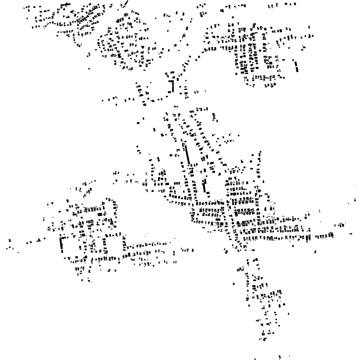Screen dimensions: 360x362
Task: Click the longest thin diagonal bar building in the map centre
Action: [188, 154]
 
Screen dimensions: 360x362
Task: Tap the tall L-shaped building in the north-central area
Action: [171, 86]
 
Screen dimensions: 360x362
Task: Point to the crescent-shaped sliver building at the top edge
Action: [125, 4]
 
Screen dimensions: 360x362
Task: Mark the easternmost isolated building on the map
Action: [355, 200]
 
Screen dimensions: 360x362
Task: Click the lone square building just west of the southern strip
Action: [234, 284]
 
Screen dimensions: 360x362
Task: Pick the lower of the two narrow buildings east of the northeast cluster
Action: [297, 70]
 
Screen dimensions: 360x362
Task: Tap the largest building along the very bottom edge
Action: [280, 356]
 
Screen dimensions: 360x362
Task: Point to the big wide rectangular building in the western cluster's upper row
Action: [100, 214]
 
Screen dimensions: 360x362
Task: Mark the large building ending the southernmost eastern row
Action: [331, 235]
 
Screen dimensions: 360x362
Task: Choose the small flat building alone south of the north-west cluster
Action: [89, 69]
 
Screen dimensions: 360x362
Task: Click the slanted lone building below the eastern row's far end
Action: [315, 252]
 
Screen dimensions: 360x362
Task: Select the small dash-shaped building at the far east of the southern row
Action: [351, 234]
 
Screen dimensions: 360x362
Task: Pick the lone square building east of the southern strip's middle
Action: [288, 314]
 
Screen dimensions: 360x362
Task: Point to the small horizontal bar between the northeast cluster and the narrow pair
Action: [283, 60]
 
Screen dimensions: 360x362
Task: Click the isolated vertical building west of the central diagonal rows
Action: [154, 130]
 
